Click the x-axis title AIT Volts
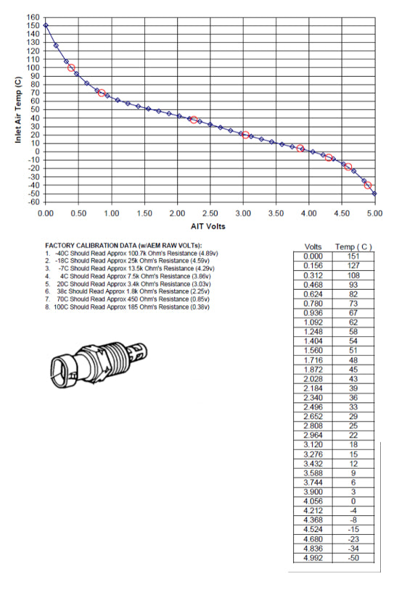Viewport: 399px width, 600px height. pyautogui.click(x=209, y=226)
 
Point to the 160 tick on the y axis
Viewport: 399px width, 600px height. pyautogui.click(x=33, y=17)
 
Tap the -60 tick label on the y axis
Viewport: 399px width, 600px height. pyautogui.click(x=32, y=201)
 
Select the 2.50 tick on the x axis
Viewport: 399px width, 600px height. pyautogui.click(x=210, y=214)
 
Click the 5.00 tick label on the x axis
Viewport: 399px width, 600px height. pyautogui.click(x=374, y=214)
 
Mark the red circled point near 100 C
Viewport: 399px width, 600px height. pyautogui.click(x=71, y=68)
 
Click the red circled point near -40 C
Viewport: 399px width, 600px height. pyautogui.click(x=368, y=186)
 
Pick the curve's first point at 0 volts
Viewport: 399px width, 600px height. pyautogui.click(x=46, y=25)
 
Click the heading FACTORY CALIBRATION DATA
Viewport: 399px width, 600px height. pyautogui.click(x=123, y=246)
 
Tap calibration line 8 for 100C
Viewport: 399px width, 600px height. pyautogui.click(x=127, y=307)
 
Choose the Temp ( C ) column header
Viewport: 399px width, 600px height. pyautogui.click(x=354, y=247)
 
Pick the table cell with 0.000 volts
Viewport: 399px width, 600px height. pyautogui.click(x=313, y=256)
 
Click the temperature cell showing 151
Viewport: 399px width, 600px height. pyautogui.click(x=354, y=256)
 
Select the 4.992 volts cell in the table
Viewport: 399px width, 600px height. pyautogui.click(x=313, y=557)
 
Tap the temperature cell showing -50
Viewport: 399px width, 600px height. pyautogui.click(x=354, y=557)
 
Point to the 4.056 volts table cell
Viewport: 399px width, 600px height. pyautogui.click(x=313, y=501)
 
